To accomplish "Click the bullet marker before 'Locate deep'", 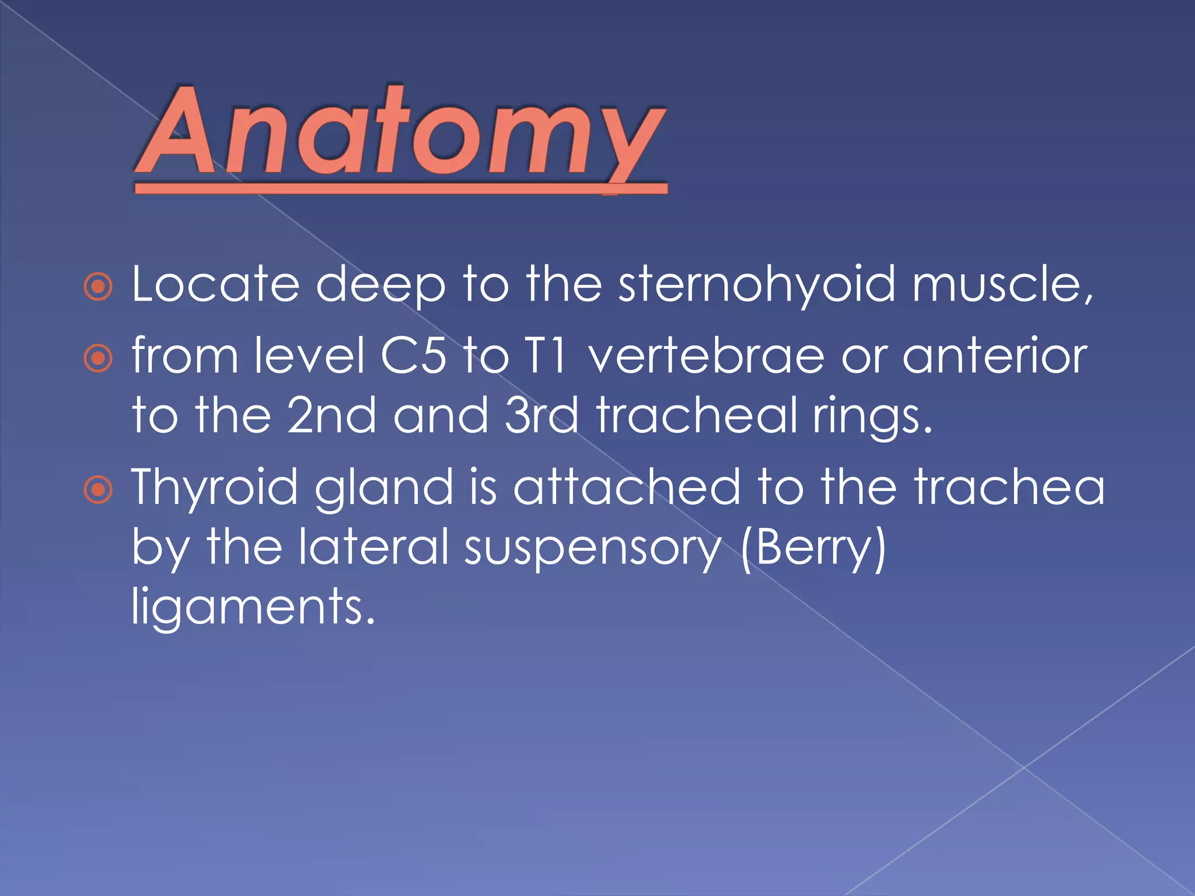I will coord(98,287).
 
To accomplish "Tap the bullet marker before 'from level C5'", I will coord(98,358).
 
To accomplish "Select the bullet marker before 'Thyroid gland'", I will coord(98,489).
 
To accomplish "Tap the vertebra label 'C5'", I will coord(413,356).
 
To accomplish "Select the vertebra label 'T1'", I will coord(546,356).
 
